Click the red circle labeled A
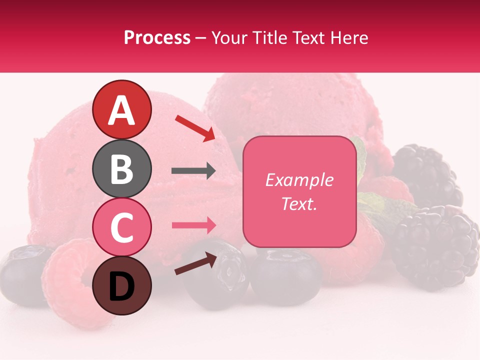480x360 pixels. tap(121, 110)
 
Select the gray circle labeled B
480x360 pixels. tap(121, 168)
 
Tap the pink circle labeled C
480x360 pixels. tap(121, 227)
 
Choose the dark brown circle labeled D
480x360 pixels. tap(121, 285)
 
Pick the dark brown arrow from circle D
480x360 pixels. tap(195, 263)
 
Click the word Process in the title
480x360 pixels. tap(157, 37)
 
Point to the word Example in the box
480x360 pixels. tap(299, 180)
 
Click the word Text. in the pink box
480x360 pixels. tap(299, 203)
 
